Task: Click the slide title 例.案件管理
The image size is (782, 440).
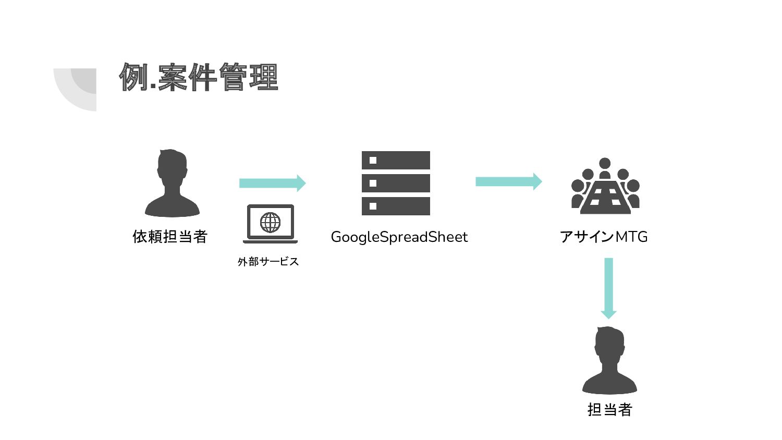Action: click(199, 77)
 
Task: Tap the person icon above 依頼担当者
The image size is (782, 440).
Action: click(172, 184)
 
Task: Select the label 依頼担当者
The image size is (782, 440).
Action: click(170, 237)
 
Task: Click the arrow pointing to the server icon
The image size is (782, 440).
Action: click(272, 183)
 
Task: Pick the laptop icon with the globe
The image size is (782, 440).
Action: click(270, 224)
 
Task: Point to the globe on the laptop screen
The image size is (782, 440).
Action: click(270, 223)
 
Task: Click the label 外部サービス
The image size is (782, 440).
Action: click(268, 262)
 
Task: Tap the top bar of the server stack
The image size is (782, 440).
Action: click(396, 161)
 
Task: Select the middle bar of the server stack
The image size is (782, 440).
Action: click(396, 184)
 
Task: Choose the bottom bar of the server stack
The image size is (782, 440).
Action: click(396, 206)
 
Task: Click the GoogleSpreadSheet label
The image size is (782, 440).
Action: click(399, 237)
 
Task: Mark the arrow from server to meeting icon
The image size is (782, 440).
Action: click(508, 181)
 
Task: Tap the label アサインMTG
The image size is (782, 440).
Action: click(604, 237)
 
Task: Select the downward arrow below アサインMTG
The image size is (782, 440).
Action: click(608, 288)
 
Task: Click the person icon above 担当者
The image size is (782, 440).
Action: click(609, 361)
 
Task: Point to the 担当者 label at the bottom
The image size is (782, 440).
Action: click(609, 410)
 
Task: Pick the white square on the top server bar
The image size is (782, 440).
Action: click(373, 161)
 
